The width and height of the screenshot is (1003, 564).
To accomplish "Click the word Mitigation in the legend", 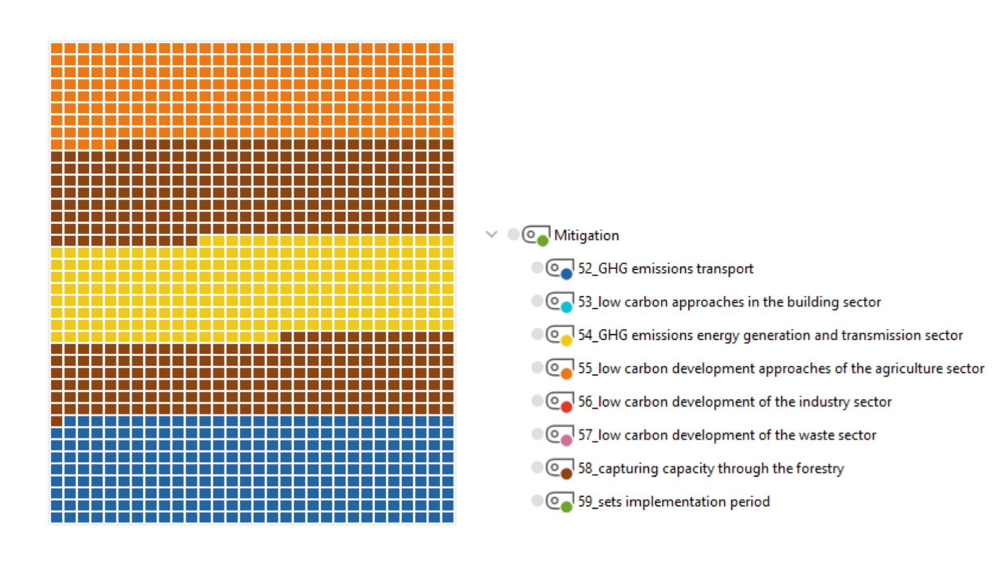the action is click(586, 235).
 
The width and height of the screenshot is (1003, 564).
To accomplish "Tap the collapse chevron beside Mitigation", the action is click(491, 234).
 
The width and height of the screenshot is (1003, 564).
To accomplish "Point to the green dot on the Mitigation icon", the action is click(542, 241).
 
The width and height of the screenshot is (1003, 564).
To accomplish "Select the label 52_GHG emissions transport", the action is click(666, 269).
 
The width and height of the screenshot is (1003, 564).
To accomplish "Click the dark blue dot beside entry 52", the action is click(566, 274).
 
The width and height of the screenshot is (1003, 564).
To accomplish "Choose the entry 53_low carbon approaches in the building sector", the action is click(730, 302).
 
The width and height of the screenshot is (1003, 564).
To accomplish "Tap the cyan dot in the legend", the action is click(566, 307).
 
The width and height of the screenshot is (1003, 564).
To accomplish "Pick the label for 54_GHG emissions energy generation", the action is click(770, 335).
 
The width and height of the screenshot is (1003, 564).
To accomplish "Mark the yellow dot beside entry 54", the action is click(566, 340).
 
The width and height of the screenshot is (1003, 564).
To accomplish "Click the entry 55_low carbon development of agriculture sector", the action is click(781, 369).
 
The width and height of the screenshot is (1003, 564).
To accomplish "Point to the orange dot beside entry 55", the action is click(566, 374).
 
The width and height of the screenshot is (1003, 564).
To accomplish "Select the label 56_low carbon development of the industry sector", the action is click(735, 402).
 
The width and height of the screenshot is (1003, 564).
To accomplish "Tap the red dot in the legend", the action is click(566, 407).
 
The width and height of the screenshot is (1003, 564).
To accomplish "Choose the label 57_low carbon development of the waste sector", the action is click(727, 435).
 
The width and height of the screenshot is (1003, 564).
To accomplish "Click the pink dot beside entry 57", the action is click(566, 440).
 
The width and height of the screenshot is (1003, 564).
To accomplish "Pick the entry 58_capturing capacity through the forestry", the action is click(711, 468).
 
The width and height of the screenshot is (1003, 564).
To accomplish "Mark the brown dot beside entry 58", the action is click(566, 473).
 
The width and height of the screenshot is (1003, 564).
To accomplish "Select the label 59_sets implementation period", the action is click(674, 501).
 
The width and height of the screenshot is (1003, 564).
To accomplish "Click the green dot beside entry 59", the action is click(566, 507).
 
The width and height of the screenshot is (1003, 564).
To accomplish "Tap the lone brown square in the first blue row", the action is click(57, 421).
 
